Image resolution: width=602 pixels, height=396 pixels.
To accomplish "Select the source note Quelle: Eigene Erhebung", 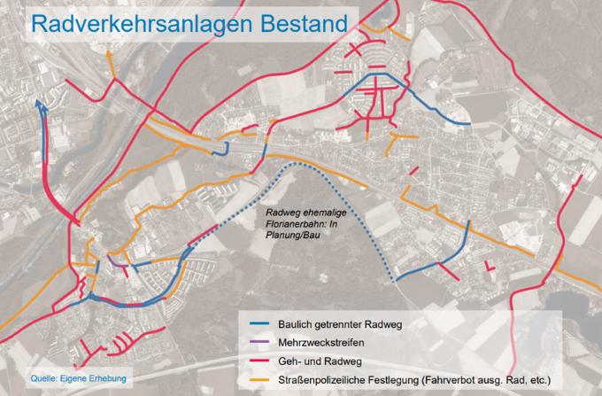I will click(x=79, y=378).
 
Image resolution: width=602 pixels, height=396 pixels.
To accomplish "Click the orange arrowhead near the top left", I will click(x=109, y=55).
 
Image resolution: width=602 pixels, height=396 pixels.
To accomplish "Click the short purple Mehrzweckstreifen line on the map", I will click(x=116, y=261).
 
